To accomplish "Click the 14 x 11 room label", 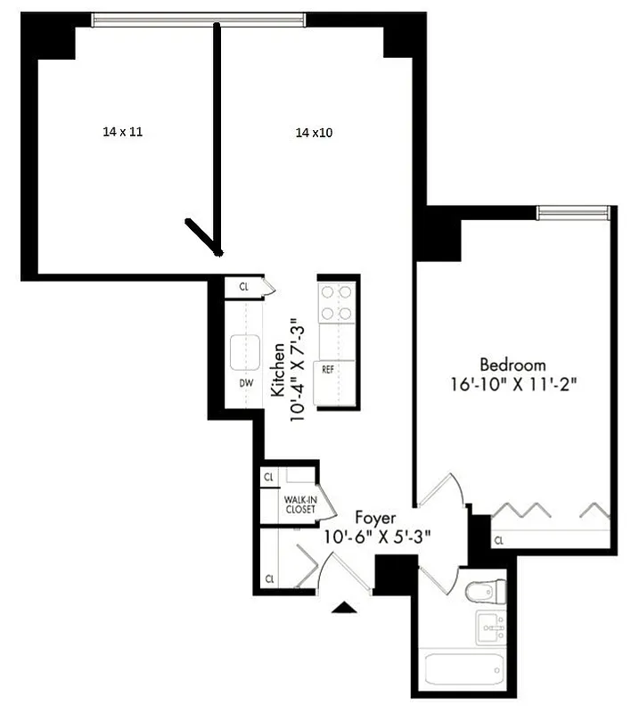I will [123, 131].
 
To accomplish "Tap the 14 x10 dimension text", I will [315, 133].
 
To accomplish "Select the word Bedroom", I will [512, 365].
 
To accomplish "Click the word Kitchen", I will [278, 369].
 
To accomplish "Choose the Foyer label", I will [375, 518].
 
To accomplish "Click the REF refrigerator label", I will [328, 369].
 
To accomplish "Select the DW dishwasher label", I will [246, 383].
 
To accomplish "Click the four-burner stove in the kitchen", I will [337, 302].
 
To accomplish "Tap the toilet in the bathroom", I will [487, 591].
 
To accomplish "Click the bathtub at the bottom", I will [462, 670].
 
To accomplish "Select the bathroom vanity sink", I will [489, 628].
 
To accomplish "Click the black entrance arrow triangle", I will [344, 608].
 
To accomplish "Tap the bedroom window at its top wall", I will [573, 212].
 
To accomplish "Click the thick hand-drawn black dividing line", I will [216, 134].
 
